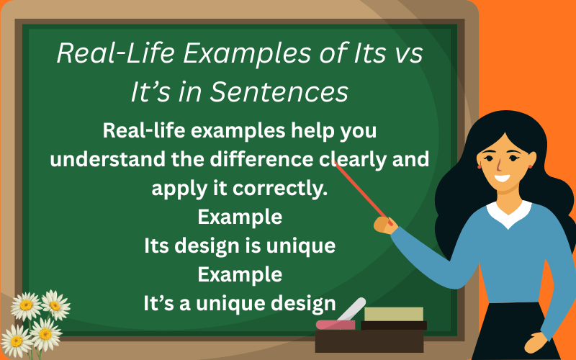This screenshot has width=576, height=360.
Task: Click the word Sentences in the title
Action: click(279, 92)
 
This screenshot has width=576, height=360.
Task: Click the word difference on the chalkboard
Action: click(261, 159)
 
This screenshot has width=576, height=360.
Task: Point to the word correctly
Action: click(280, 189)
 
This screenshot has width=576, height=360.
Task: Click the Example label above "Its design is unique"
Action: click(240, 217)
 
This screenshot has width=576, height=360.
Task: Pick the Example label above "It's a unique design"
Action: click(240, 275)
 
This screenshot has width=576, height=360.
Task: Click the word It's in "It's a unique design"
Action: click(158, 303)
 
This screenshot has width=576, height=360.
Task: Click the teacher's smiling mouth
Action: click(502, 179)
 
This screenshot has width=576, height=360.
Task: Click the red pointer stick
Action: click(363, 192)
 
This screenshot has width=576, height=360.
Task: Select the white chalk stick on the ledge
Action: click(351, 309)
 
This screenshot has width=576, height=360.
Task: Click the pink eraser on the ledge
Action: click(336, 325)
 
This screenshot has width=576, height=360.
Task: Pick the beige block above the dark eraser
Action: click(394, 314)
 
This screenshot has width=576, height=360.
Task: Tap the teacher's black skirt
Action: click(516, 330)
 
